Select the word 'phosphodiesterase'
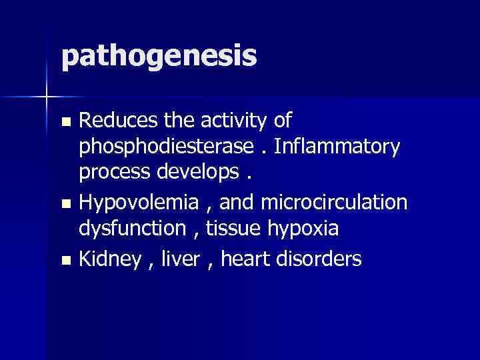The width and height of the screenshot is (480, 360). (x=166, y=147)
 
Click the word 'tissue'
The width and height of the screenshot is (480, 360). (x=232, y=228)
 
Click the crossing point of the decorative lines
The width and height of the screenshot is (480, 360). (x=46, y=97)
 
